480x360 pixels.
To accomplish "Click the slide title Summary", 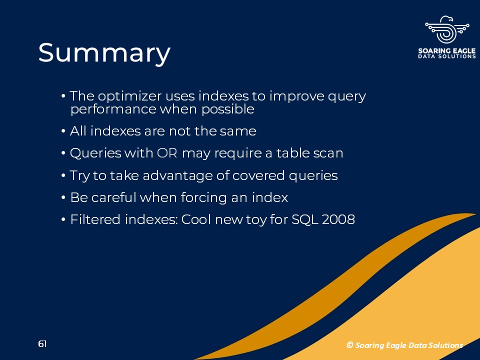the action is [x=104, y=53].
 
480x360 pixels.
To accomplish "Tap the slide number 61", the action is [x=42, y=344].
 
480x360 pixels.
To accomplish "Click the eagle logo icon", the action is [x=447, y=29].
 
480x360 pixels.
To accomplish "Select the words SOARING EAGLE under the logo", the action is [x=447, y=51].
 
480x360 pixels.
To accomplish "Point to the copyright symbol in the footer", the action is [x=349, y=345].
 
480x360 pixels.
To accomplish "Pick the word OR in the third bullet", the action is [x=167, y=153].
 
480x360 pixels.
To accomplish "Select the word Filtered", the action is [x=95, y=219].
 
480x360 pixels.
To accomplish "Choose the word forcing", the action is [x=203, y=197].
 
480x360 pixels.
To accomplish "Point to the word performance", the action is [x=113, y=109].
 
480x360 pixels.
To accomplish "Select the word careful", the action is [x=113, y=197].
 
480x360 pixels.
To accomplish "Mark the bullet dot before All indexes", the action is [x=63, y=131].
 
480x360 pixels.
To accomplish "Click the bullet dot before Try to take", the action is [x=63, y=176].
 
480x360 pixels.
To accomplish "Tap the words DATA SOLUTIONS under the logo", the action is [x=447, y=56].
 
